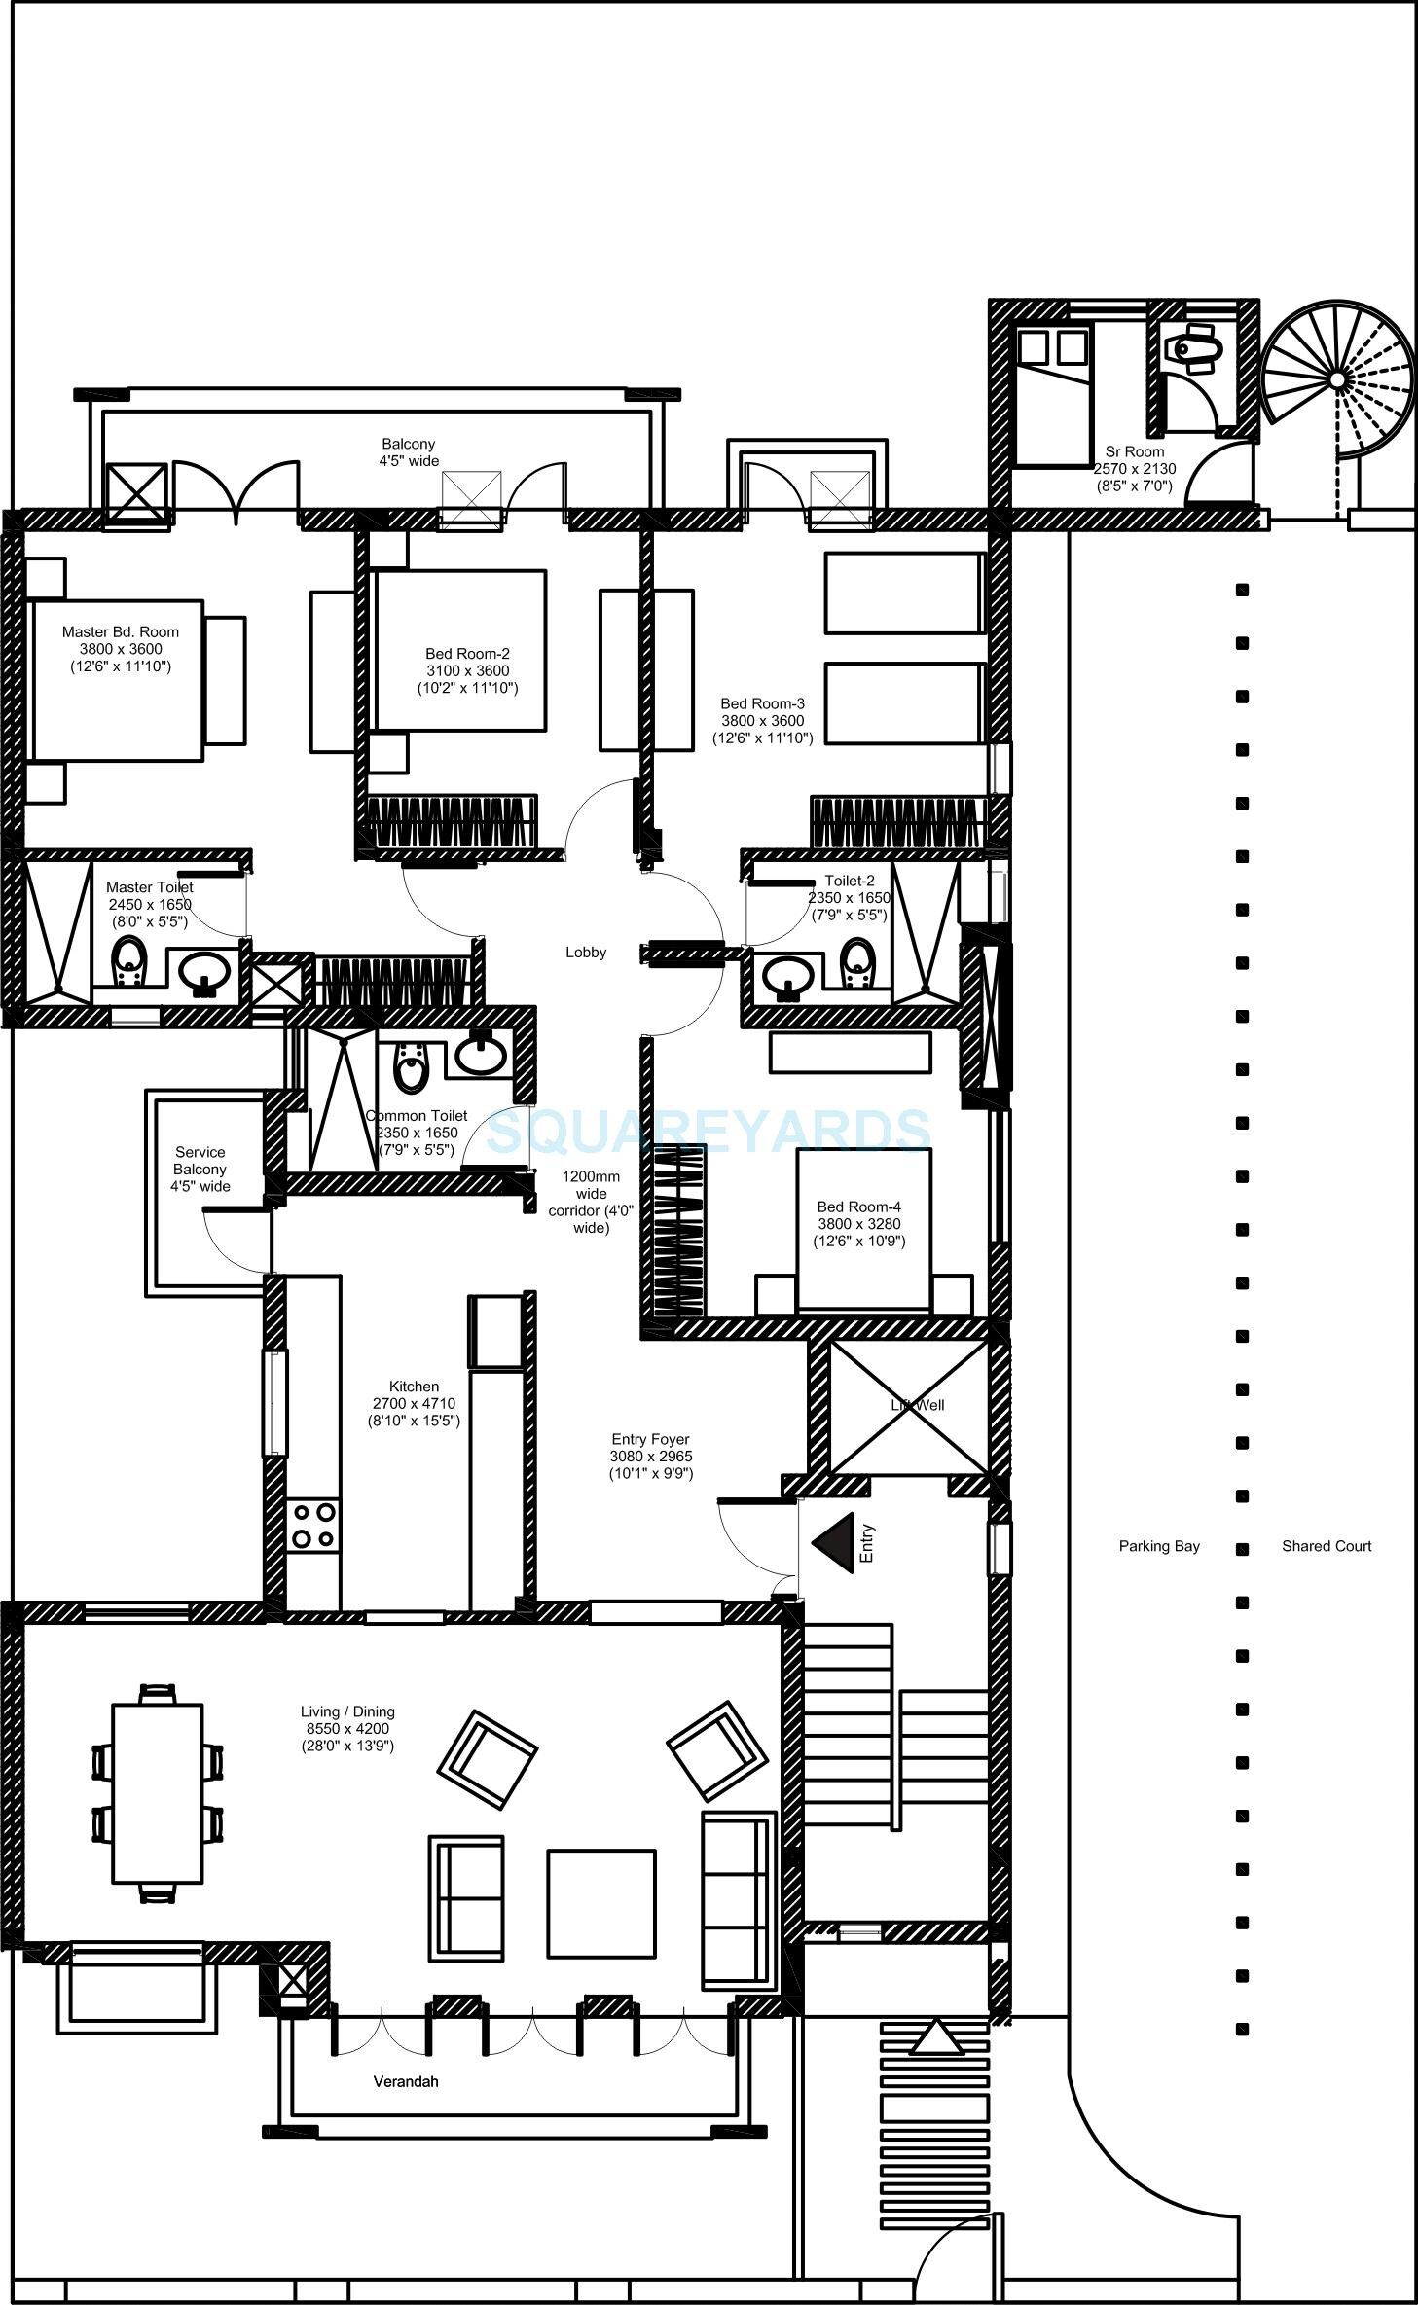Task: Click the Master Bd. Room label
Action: click(x=121, y=632)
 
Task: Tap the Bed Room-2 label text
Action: click(x=467, y=654)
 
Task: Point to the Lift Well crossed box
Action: click(x=908, y=1407)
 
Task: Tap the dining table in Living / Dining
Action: click(x=158, y=1793)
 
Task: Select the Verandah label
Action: click(x=406, y=2082)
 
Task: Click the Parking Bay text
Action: click(x=1159, y=1546)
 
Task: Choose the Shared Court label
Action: click(x=1327, y=1546)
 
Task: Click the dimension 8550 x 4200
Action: click(x=347, y=1729)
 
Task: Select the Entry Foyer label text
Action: click(x=651, y=1439)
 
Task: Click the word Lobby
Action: click(x=586, y=953)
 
